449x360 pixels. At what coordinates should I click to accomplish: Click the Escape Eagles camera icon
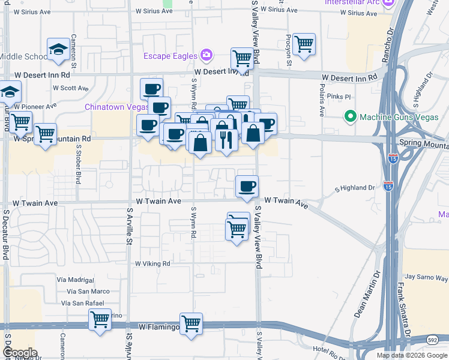(206, 56)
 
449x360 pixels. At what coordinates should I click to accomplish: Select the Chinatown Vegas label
(116, 107)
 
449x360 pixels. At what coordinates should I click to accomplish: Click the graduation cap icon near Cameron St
(59, 49)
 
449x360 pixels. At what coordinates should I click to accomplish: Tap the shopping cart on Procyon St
(304, 43)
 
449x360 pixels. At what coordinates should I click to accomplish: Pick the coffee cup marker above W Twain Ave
(246, 187)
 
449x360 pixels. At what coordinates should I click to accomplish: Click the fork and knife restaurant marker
(226, 140)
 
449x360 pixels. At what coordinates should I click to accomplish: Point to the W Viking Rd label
(152, 263)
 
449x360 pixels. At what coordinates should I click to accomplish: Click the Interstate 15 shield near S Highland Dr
(388, 188)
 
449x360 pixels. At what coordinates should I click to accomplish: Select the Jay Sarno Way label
(426, 277)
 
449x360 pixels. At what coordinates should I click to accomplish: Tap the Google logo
(20, 353)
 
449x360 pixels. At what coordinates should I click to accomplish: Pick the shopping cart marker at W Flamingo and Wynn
(191, 323)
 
